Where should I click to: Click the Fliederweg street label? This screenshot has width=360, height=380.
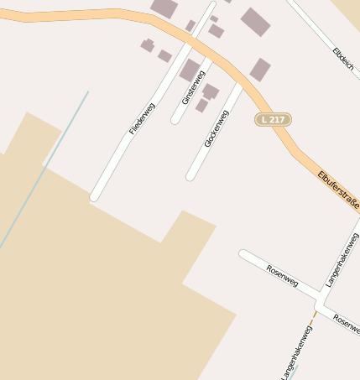143,119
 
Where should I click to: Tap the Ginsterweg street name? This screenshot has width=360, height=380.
193,86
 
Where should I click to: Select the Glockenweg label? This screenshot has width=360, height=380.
216,128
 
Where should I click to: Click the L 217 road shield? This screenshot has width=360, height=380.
273,120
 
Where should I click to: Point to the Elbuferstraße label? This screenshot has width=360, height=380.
338,192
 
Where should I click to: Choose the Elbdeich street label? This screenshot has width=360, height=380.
342,55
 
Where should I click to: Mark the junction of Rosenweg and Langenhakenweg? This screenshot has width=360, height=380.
321,298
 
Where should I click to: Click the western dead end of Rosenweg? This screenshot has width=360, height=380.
243,253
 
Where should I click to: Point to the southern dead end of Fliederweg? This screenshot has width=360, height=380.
96,197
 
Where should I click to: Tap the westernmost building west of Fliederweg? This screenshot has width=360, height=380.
148,45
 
